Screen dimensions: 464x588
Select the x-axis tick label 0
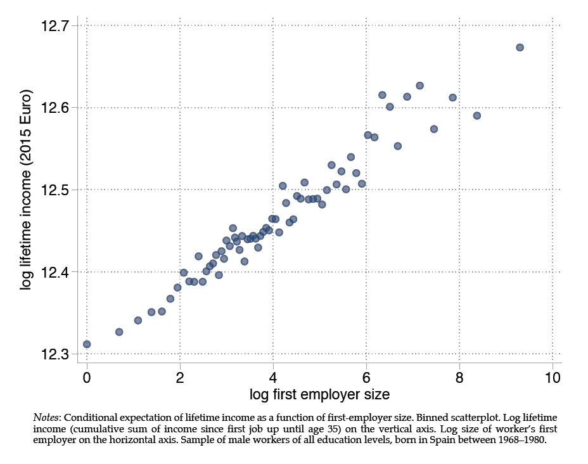(x=87, y=376)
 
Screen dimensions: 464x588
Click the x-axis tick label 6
(x=367, y=376)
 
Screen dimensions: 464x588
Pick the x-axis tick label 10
(x=553, y=376)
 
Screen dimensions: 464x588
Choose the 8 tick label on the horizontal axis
(x=460, y=376)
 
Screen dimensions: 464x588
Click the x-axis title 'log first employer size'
(x=319, y=394)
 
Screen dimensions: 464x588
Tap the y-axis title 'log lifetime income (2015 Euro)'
(x=26, y=191)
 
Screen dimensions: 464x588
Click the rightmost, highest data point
(x=520, y=48)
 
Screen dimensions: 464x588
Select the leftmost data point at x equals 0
(x=87, y=344)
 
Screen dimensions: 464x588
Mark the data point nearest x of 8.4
(x=477, y=115)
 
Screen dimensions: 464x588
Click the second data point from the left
(x=119, y=332)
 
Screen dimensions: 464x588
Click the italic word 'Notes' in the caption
(x=46, y=418)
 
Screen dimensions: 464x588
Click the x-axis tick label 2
(x=180, y=376)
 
